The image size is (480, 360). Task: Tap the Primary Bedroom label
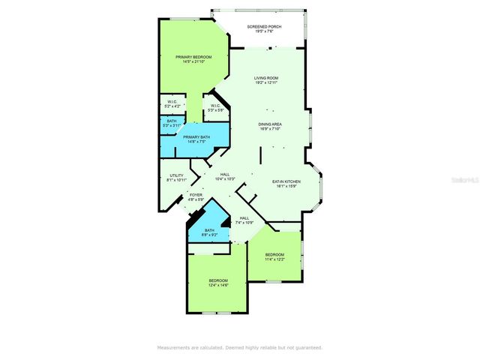pos(193,57)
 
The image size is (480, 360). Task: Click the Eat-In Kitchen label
pos(286,181)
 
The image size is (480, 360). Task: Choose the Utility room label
pos(176,175)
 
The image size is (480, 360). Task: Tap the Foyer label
pos(195,194)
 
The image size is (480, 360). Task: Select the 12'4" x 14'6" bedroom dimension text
pos(217,284)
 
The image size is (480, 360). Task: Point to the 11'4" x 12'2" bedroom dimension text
pos(274,259)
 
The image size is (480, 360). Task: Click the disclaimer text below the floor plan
pos(239,347)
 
